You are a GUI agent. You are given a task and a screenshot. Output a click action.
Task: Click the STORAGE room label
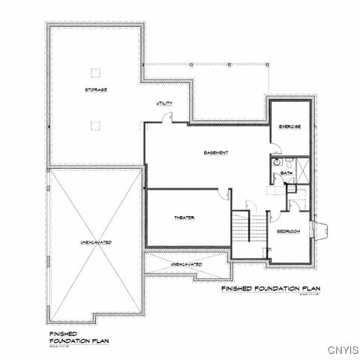pyautogui.click(x=95, y=90)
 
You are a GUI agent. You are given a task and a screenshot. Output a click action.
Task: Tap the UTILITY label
pyautogui.click(x=165, y=103)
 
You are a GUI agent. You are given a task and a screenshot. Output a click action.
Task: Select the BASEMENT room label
pyautogui.click(x=216, y=153)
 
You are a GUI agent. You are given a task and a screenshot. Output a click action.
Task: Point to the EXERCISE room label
pyautogui.click(x=289, y=127)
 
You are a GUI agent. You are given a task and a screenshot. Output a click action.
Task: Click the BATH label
pyautogui.click(x=286, y=174)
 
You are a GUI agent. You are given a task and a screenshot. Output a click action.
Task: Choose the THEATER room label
pyautogui.click(x=184, y=217)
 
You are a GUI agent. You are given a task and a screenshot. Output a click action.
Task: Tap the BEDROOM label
pyautogui.click(x=289, y=232)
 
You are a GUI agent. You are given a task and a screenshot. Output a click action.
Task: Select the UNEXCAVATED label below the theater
pyautogui.click(x=185, y=265)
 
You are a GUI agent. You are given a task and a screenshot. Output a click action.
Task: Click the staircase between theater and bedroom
pyautogui.click(x=241, y=226)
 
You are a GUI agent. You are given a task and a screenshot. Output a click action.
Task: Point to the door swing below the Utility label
pyautogui.click(x=169, y=116)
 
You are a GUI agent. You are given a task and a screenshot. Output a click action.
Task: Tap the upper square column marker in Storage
pyautogui.click(x=95, y=73)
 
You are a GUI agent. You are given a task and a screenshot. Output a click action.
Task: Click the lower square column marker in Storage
pyautogui.click(x=95, y=125)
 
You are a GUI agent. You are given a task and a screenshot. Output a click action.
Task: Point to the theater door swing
pyautogui.click(x=223, y=195)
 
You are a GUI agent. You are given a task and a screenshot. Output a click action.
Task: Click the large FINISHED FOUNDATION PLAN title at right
pyautogui.click(x=271, y=288)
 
